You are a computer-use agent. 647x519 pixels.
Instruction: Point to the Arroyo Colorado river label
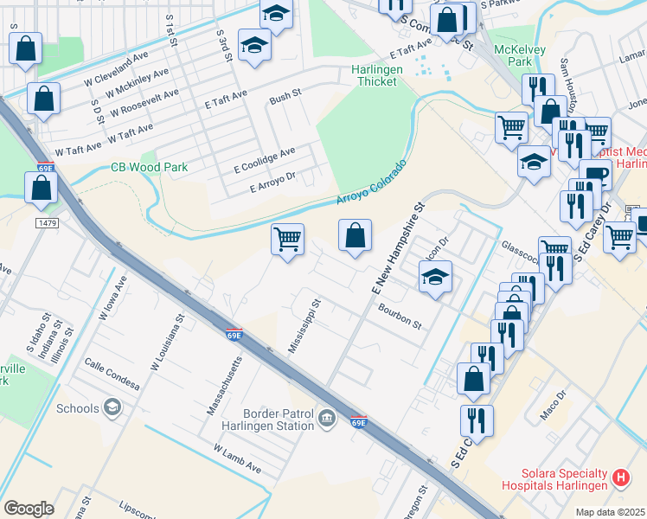click(x=370, y=183)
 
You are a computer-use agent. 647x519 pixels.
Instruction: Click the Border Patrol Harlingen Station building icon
click(x=326, y=420)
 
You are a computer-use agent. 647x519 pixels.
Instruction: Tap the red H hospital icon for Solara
click(x=620, y=477)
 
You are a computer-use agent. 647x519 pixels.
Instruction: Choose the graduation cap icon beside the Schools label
click(x=111, y=407)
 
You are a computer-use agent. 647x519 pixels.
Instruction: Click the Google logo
click(x=29, y=509)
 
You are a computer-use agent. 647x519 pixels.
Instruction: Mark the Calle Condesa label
click(x=112, y=374)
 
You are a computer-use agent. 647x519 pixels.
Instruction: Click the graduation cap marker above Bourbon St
click(x=436, y=278)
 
